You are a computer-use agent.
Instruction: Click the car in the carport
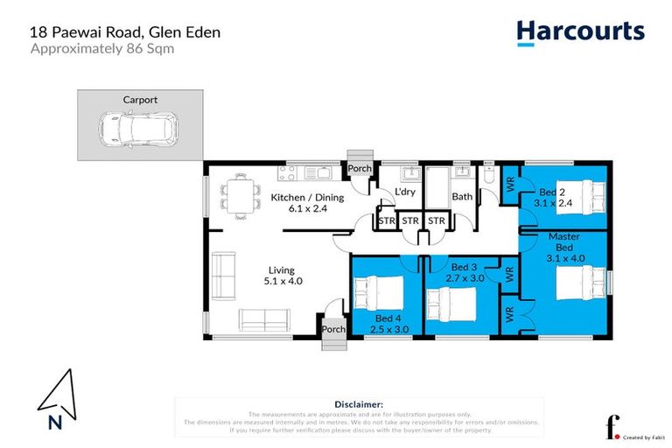[133, 130]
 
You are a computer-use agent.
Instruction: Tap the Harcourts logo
[580, 32]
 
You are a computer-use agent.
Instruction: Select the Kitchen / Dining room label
[306, 203]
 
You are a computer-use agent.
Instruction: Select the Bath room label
[462, 197]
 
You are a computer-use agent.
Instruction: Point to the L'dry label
[404, 192]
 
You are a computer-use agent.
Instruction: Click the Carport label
[140, 100]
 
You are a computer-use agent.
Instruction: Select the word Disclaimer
[359, 404]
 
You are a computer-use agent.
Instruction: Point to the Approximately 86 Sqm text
[102, 49]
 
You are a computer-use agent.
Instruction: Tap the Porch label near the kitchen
[360, 169]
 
